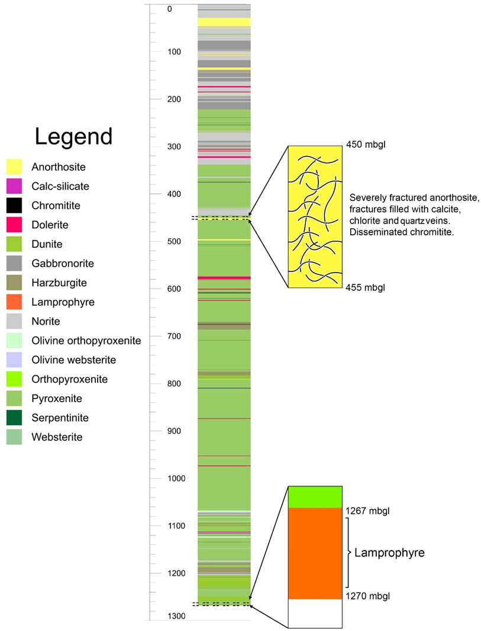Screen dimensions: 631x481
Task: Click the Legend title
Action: [73, 136]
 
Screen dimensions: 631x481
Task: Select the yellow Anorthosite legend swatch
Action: [14, 167]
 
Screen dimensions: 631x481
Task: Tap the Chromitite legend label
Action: [56, 206]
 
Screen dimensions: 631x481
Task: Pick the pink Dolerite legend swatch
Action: [14, 225]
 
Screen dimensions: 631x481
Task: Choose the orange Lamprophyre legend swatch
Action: [14, 302]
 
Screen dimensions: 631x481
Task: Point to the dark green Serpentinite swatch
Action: [14, 418]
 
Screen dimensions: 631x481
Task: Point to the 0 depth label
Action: [169, 9]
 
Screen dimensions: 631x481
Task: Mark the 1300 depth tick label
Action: [176, 616]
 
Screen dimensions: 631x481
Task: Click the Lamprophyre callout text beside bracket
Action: [389, 553]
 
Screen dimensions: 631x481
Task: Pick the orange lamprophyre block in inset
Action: [315, 553]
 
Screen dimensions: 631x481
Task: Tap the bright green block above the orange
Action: [315, 497]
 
